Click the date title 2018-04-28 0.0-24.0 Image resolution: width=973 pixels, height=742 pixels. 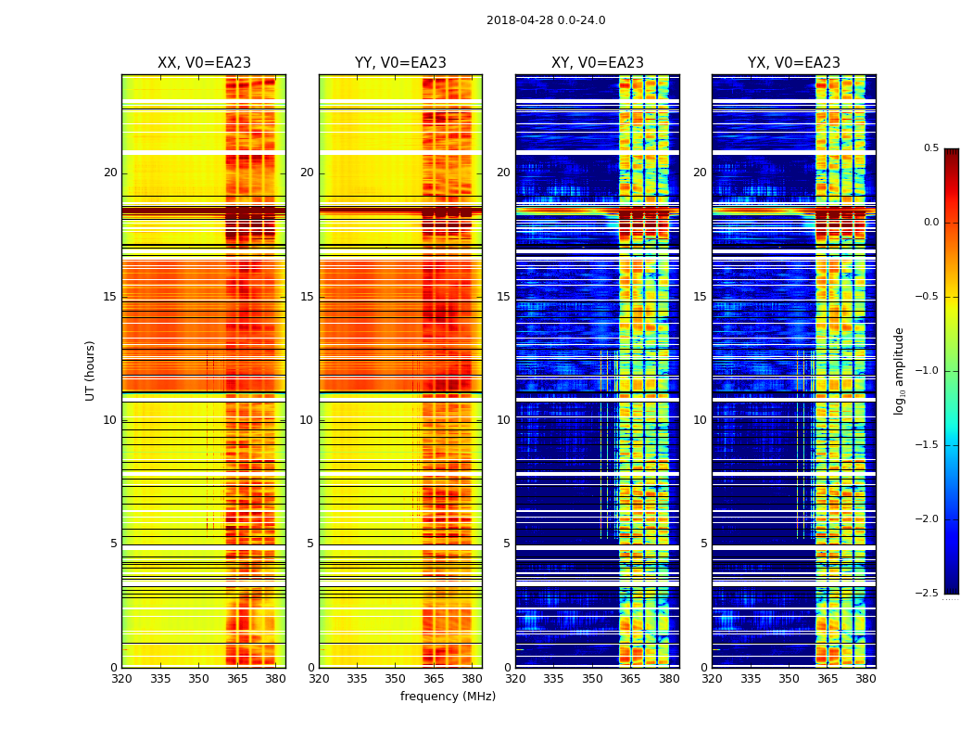tap(546, 20)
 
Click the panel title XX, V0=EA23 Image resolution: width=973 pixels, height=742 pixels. tap(204, 63)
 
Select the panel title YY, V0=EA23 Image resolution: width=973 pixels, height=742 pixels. tap(400, 63)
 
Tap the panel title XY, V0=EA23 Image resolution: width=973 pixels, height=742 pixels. tap(598, 63)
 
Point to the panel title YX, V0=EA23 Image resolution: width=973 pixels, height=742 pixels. tap(794, 63)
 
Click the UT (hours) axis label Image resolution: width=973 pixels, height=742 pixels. tap(91, 370)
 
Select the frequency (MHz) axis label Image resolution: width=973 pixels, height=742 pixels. tap(448, 697)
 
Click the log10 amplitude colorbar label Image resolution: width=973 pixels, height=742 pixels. tap(899, 370)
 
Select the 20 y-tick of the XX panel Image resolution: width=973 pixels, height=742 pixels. tap(110, 173)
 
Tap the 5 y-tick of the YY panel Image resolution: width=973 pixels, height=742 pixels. tap(310, 544)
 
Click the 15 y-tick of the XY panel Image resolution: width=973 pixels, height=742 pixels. tap(503, 297)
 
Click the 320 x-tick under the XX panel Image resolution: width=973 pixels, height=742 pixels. tap(121, 680)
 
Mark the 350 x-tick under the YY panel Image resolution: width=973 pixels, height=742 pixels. tap(396, 680)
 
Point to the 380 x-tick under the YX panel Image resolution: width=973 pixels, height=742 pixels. tap(866, 680)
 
